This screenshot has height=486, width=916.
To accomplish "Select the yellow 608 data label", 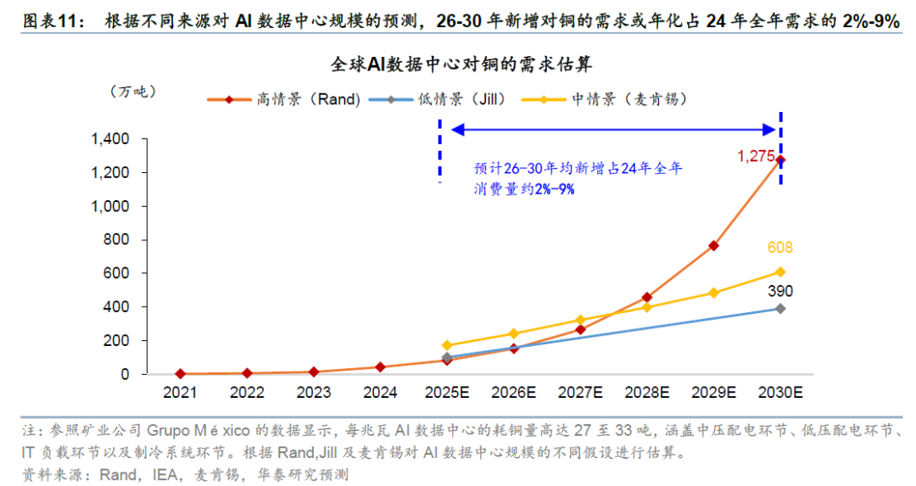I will pos(779,248).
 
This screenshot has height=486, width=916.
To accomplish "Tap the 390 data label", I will pos(779,291).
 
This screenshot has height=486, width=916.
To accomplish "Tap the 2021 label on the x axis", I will pos(180,393).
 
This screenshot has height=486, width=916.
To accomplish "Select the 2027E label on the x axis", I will pos(581,393).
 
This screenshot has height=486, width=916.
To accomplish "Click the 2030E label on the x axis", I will pos(780,393).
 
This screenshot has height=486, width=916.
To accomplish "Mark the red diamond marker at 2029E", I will pos(714,246).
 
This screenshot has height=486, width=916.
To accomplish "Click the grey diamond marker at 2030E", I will pos(780,309).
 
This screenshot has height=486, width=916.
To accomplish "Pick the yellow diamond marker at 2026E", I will pos(514,333).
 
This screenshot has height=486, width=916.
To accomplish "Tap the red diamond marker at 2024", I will pos(380,367).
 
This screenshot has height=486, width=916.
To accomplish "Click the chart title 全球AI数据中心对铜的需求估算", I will pos(466,64).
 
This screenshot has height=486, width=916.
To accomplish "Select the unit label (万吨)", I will pos(133,92).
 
